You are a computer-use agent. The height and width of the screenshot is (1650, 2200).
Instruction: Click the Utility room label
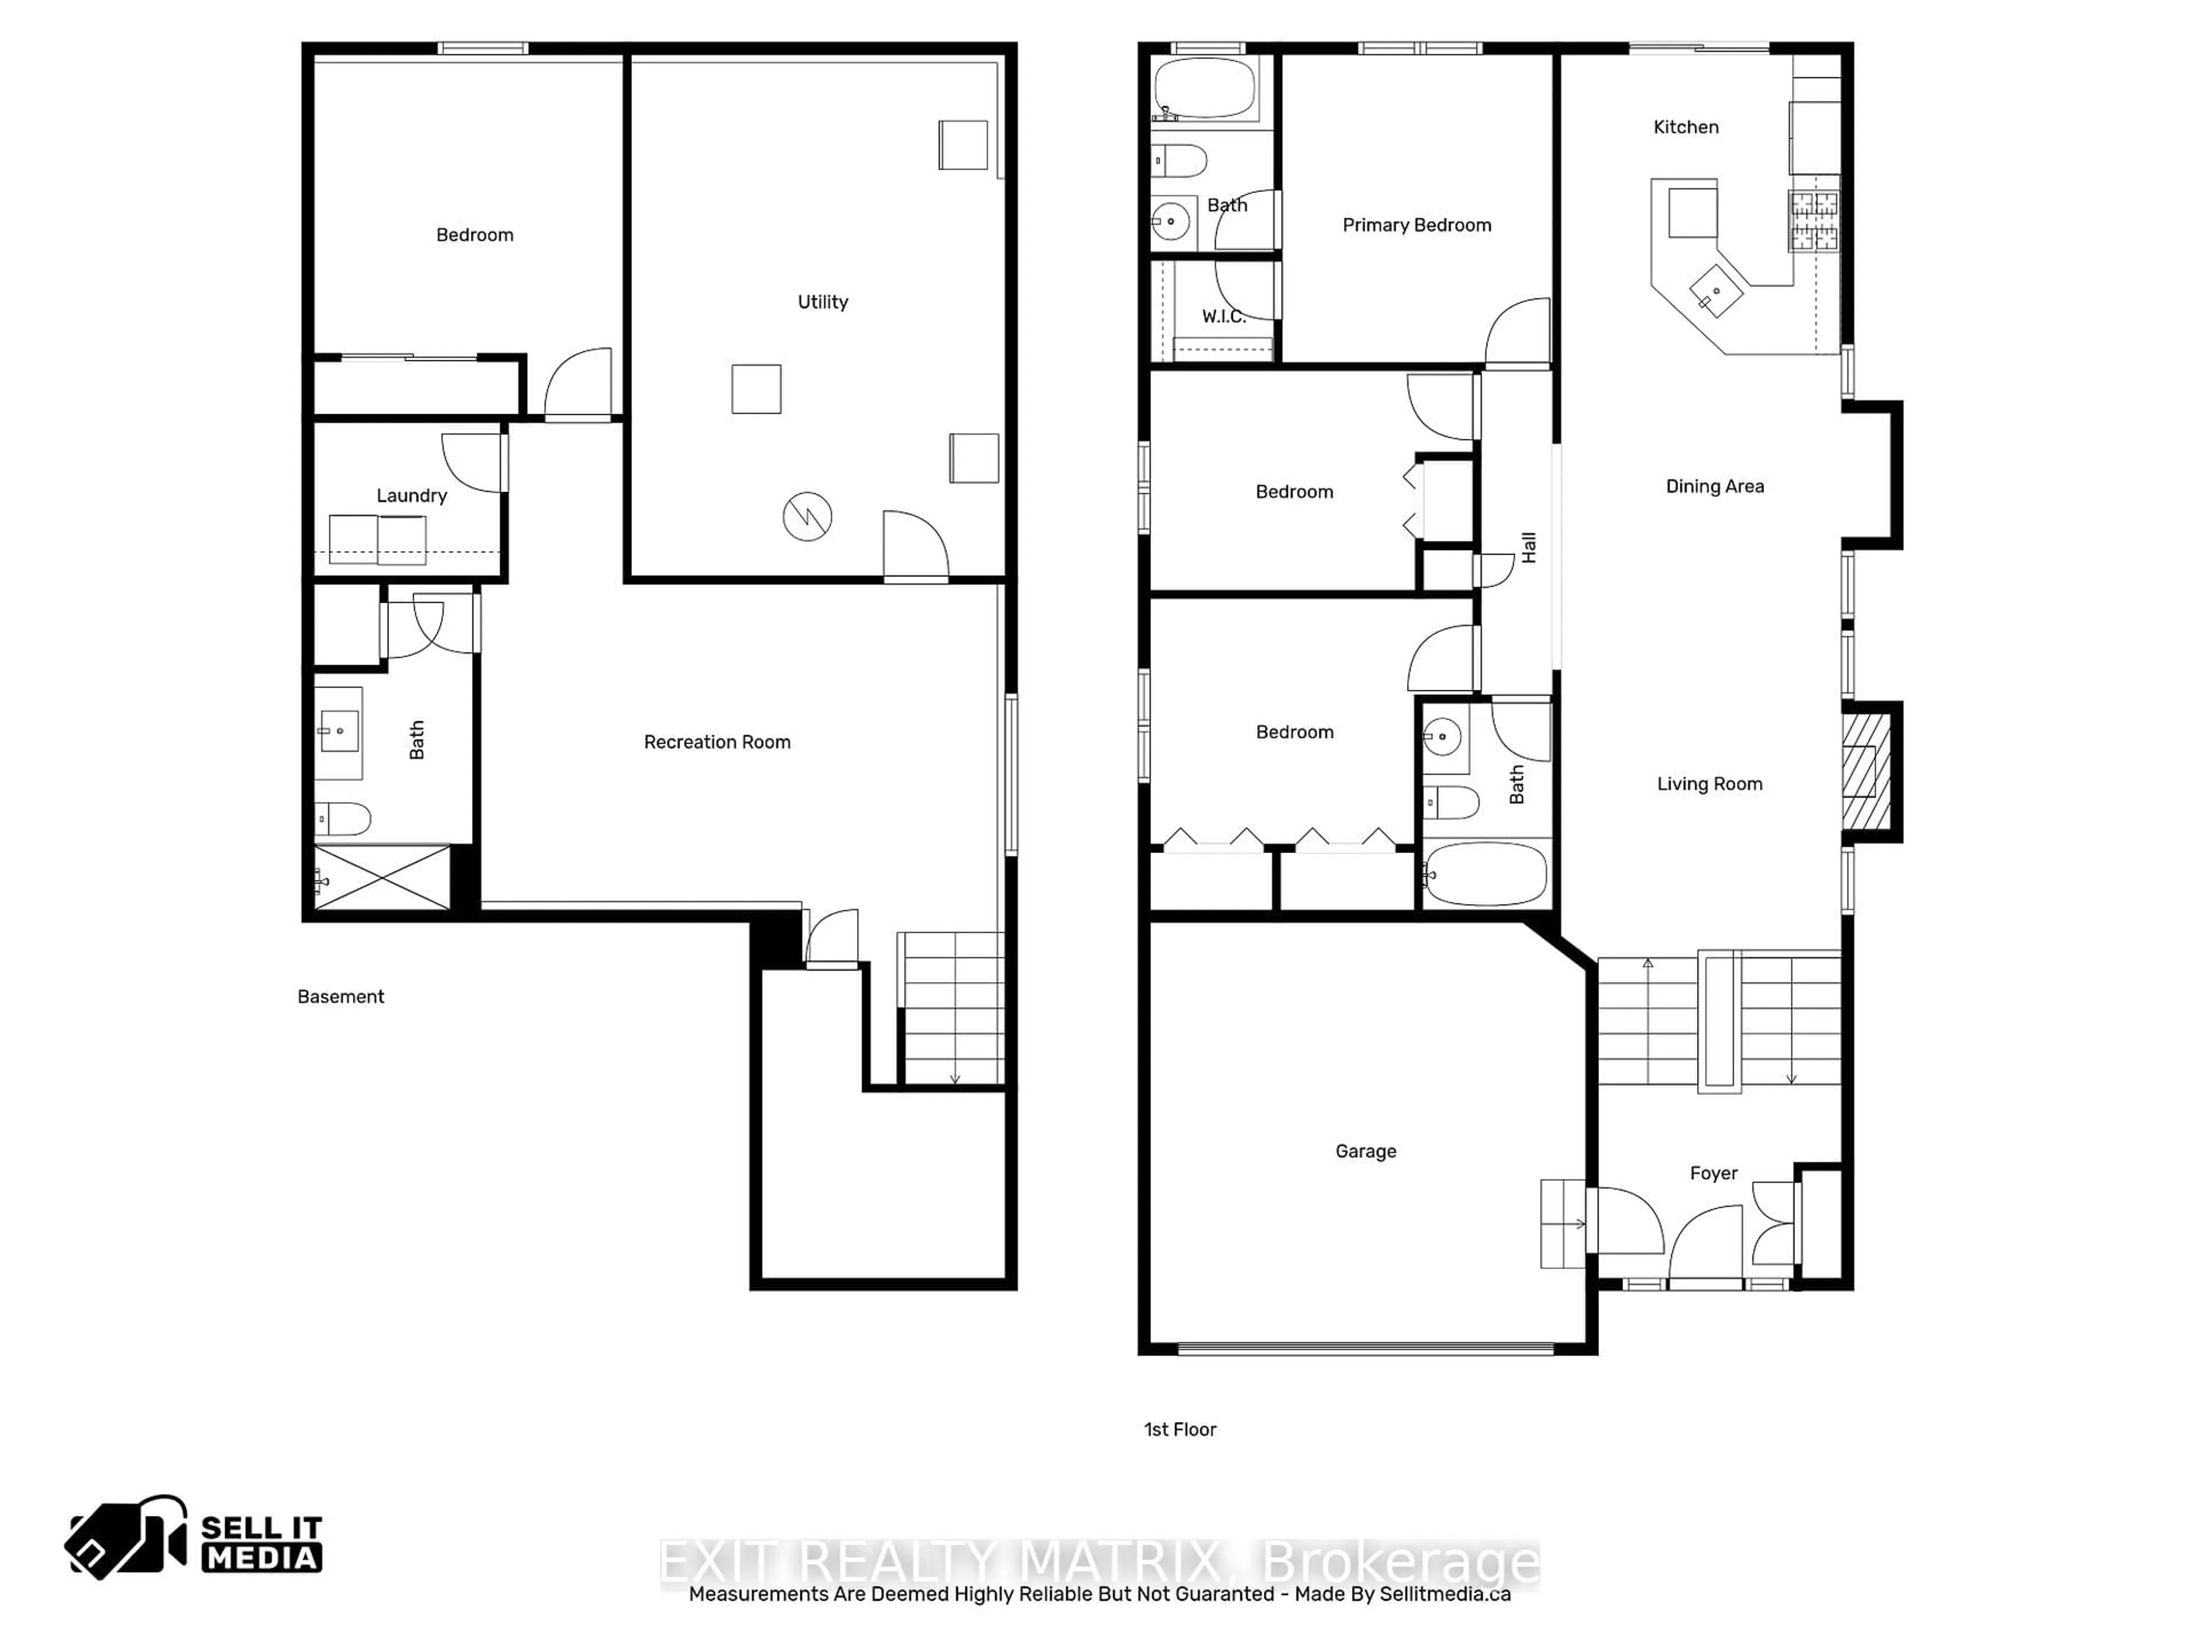(823, 302)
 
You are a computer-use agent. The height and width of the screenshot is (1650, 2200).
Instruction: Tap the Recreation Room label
(717, 742)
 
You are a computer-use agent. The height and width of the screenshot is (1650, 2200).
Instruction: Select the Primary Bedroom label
(1416, 226)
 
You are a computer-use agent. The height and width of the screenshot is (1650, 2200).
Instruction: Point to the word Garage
(1366, 1152)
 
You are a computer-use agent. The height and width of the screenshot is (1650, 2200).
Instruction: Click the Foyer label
(1714, 1173)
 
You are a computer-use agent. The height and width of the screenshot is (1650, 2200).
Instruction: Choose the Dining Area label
(1715, 486)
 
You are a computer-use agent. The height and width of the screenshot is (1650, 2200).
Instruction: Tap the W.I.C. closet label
(1223, 316)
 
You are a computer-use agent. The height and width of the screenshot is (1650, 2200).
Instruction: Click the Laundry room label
(412, 496)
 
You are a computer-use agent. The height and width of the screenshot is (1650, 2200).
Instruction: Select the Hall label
(1529, 547)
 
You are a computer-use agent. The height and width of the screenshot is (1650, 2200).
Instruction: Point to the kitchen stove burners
(1814, 221)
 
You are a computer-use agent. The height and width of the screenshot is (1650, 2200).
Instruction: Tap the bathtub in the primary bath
(1204, 88)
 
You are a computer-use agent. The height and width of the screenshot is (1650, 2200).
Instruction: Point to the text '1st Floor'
(1180, 1429)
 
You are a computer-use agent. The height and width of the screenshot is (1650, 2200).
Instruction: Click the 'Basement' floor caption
(340, 996)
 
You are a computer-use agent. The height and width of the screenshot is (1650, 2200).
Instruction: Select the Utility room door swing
(915, 545)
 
